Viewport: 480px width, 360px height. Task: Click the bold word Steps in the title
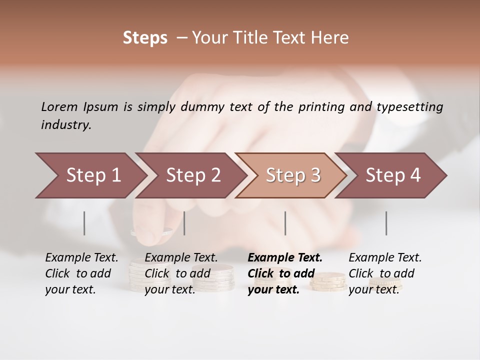pos(145,38)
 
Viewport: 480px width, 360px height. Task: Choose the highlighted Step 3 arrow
pos(293,175)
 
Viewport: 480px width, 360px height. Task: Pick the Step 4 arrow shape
pos(393,175)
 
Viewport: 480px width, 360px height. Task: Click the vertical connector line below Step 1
pos(84,223)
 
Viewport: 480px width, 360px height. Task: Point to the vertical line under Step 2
pos(184,223)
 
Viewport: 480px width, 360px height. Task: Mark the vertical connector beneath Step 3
pos(285,223)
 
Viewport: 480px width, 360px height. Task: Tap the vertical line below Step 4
pos(386,223)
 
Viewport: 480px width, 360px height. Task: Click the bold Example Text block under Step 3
pos(285,273)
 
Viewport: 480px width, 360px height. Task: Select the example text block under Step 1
pos(81,273)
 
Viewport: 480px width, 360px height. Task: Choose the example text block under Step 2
pos(181,273)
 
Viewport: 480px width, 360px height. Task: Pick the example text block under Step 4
pos(385,273)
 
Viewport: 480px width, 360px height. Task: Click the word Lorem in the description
pos(59,106)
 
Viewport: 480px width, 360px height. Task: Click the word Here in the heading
pos(332,38)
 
